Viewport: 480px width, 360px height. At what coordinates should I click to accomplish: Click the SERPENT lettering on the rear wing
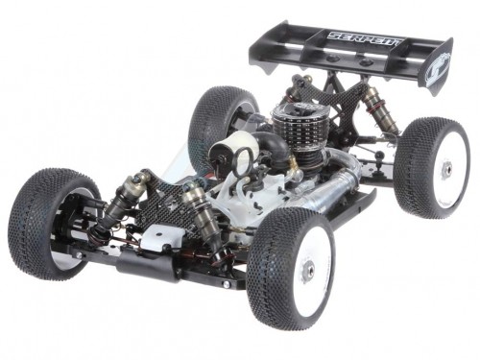[364, 39]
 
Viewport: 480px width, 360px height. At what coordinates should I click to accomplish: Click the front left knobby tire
[53, 222]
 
